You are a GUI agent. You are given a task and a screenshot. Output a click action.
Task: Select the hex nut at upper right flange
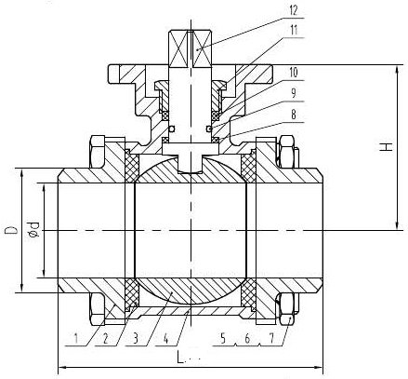[286, 150]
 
